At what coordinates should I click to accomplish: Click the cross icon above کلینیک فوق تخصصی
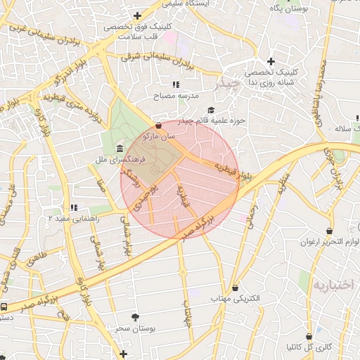click(x=137, y=15)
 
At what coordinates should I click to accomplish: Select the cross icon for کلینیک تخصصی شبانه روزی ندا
click(x=270, y=62)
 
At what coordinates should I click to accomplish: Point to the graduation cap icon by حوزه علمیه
click(x=211, y=110)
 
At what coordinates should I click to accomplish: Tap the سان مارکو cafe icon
click(x=158, y=124)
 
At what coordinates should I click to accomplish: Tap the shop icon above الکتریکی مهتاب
click(x=234, y=288)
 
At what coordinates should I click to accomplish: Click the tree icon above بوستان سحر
click(x=136, y=317)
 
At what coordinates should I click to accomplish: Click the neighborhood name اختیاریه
click(x=330, y=286)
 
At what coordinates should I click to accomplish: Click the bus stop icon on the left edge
click(x=4, y=307)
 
